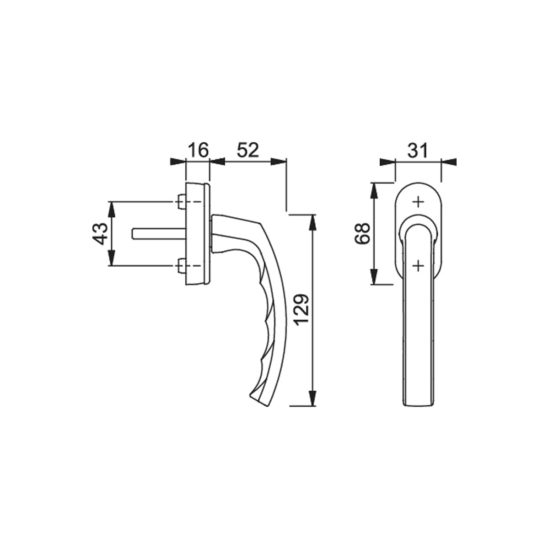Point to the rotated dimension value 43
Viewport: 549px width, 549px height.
click(x=100, y=234)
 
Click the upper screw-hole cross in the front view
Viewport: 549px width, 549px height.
click(x=418, y=202)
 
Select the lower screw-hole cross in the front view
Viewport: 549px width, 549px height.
click(x=418, y=266)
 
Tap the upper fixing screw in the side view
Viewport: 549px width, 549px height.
click(x=181, y=202)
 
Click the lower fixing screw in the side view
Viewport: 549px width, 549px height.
click(x=181, y=265)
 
